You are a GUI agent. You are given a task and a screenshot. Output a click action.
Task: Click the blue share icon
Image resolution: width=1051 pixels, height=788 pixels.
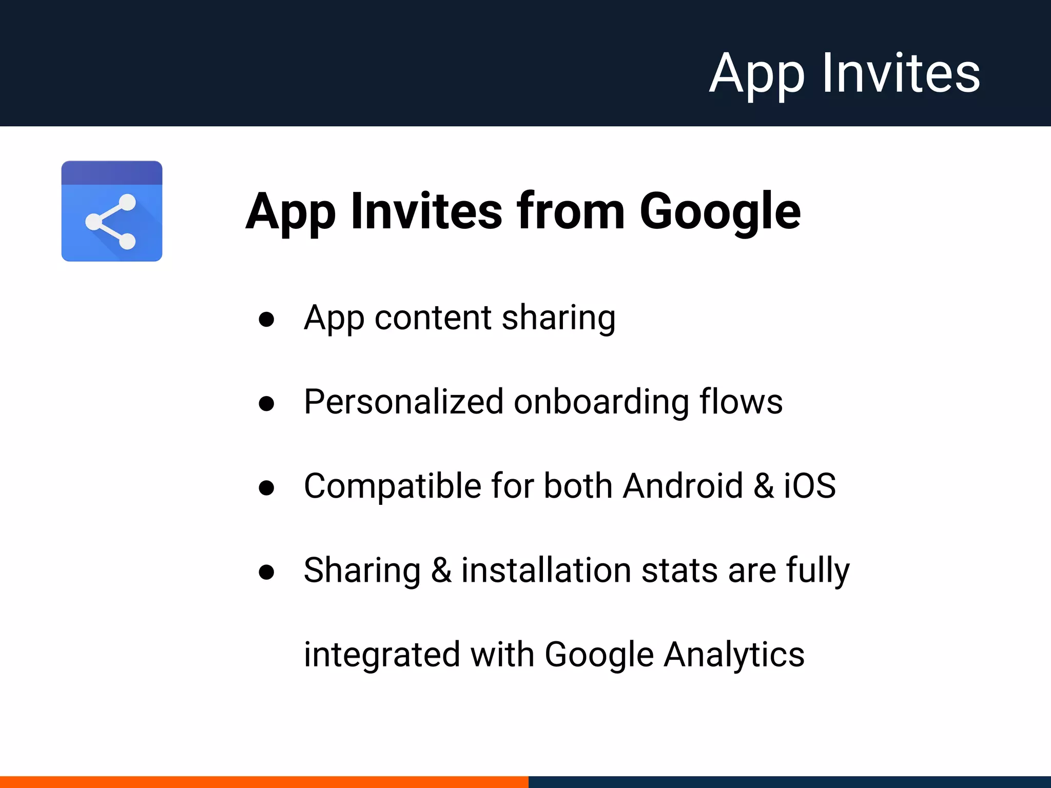pos(112,211)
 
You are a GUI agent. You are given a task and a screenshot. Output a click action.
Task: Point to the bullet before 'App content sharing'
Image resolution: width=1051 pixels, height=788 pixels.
pos(266,320)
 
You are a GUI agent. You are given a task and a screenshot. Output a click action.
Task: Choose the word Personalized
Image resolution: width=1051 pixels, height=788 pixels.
pos(403,402)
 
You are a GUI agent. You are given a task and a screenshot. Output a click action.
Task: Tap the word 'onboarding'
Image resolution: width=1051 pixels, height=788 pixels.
pos(601,402)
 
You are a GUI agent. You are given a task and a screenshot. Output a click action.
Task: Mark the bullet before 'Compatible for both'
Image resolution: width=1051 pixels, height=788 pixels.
pos(266,487)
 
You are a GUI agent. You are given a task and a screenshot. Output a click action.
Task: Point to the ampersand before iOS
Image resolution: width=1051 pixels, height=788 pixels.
pos(764,486)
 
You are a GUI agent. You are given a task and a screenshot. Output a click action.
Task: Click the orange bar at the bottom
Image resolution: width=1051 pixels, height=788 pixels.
pos(264,782)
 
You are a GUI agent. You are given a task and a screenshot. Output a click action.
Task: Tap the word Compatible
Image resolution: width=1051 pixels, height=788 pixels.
pos(393,486)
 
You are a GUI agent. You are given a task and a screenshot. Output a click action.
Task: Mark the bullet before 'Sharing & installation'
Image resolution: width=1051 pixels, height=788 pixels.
pos(266,572)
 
